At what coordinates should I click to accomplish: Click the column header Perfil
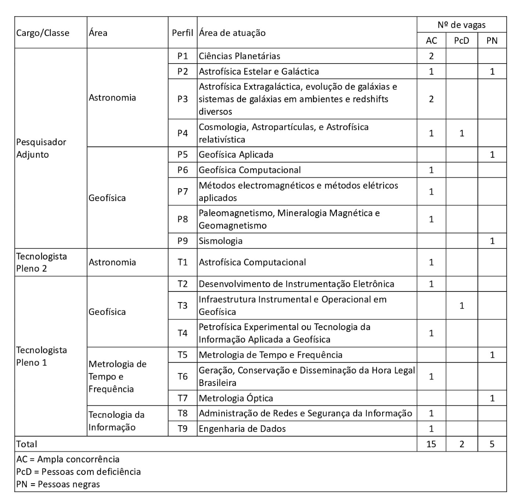(183, 33)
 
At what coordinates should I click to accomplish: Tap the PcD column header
(461, 41)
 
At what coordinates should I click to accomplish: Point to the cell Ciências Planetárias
(240, 56)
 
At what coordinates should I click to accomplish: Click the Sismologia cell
(221, 240)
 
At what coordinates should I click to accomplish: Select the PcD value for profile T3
(461, 306)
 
